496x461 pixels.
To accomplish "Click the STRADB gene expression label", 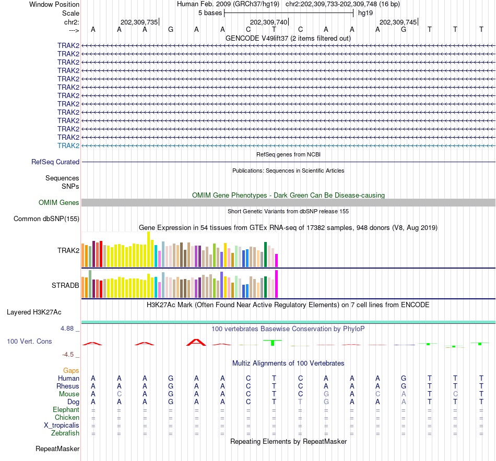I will click(65, 286).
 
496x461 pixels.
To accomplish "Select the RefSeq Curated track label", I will click(55, 162).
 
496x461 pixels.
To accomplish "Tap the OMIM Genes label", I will click(59, 203).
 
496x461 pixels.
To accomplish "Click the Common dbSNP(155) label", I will click(46, 219).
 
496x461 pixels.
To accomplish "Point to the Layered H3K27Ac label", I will click(34, 312).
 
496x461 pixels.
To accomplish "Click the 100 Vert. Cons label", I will click(29, 341).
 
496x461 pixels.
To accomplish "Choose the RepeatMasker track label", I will click(57, 448).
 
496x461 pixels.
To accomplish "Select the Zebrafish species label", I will click(65, 433).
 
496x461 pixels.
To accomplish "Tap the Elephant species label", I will click(66, 410).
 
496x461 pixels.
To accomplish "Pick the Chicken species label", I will click(67, 418).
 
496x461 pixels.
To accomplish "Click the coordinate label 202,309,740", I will click(268, 22).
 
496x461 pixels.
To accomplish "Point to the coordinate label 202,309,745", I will click(398, 22).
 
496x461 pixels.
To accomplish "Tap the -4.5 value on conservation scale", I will click(69, 355).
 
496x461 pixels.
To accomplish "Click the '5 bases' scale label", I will click(210, 13).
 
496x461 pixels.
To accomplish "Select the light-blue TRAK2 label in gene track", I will click(68, 145).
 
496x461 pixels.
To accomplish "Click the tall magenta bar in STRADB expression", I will click(277, 284).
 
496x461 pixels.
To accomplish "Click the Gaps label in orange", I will click(71, 370).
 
